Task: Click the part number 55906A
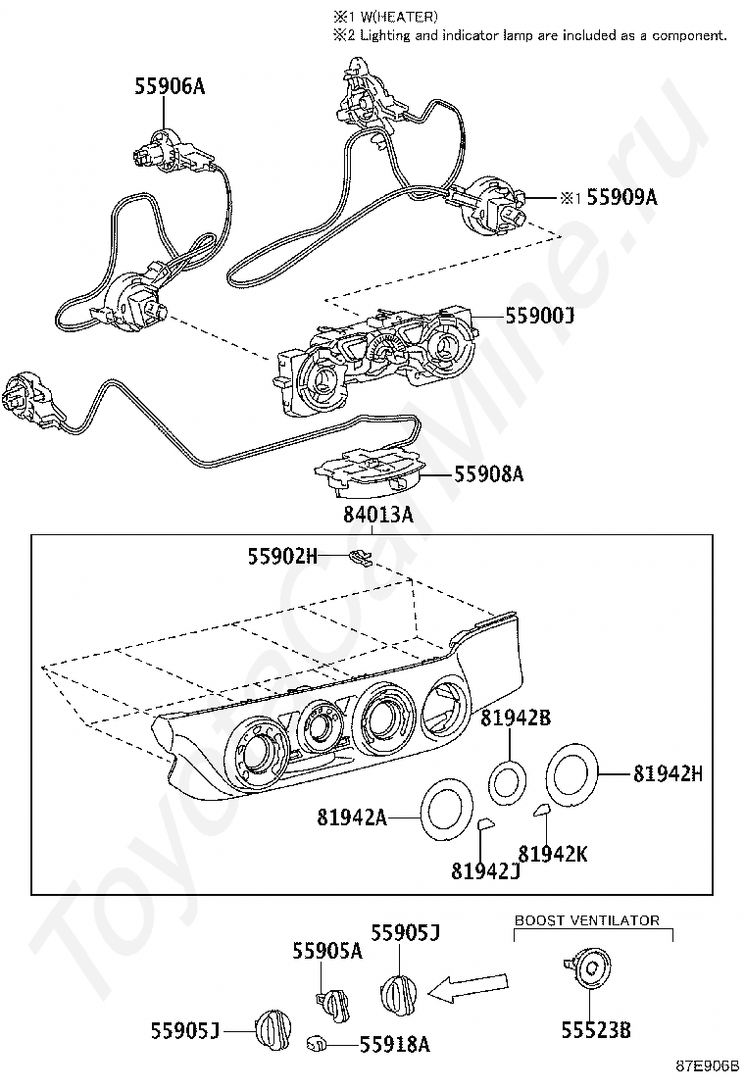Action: (x=170, y=87)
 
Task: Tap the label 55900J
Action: (x=540, y=317)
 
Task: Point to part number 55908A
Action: (x=488, y=474)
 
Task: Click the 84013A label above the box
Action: (x=377, y=515)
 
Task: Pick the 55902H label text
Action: (x=282, y=556)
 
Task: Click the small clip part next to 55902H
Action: (x=360, y=558)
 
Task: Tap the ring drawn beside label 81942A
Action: (x=447, y=811)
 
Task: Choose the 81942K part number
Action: (x=553, y=854)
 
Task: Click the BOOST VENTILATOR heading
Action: (x=587, y=920)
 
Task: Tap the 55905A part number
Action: (x=327, y=950)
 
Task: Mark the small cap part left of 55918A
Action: (x=318, y=1044)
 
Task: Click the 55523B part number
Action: (x=595, y=1029)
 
